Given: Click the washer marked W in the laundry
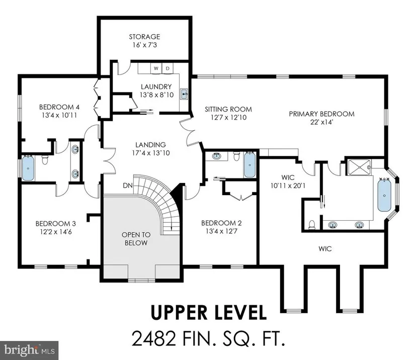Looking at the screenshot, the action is click(x=156, y=68).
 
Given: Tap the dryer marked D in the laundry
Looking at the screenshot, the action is click(x=168, y=68).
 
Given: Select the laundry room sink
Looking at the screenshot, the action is click(x=184, y=94).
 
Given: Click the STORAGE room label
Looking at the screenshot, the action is click(x=144, y=37).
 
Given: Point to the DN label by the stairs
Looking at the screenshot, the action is click(x=128, y=186).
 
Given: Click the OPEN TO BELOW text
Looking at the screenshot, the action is click(x=136, y=239).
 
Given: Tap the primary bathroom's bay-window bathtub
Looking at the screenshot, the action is click(x=384, y=195).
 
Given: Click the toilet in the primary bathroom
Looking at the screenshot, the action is click(x=312, y=225).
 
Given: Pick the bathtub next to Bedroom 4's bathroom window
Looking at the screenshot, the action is click(x=28, y=168).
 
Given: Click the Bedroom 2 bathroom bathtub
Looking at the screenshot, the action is click(x=250, y=164).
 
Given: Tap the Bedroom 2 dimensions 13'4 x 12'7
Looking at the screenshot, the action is click(x=221, y=231).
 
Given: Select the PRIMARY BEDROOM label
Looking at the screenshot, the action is click(x=321, y=114).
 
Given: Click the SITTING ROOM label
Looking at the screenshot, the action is click(x=228, y=109).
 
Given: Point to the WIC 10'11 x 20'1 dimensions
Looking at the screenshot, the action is click(x=288, y=186).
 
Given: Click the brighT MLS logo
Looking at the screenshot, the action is click(x=29, y=350).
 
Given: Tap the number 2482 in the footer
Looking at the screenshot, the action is click(x=154, y=338).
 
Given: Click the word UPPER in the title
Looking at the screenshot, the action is click(x=179, y=312).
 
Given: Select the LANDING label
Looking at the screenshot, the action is click(x=150, y=145).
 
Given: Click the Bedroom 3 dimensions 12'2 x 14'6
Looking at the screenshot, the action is click(x=56, y=232).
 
